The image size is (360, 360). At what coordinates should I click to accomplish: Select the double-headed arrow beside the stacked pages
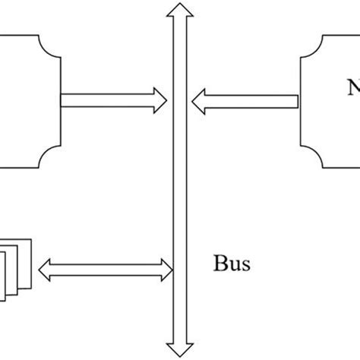coord(106,267)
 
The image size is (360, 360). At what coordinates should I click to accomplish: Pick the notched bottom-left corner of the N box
coord(311,156)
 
